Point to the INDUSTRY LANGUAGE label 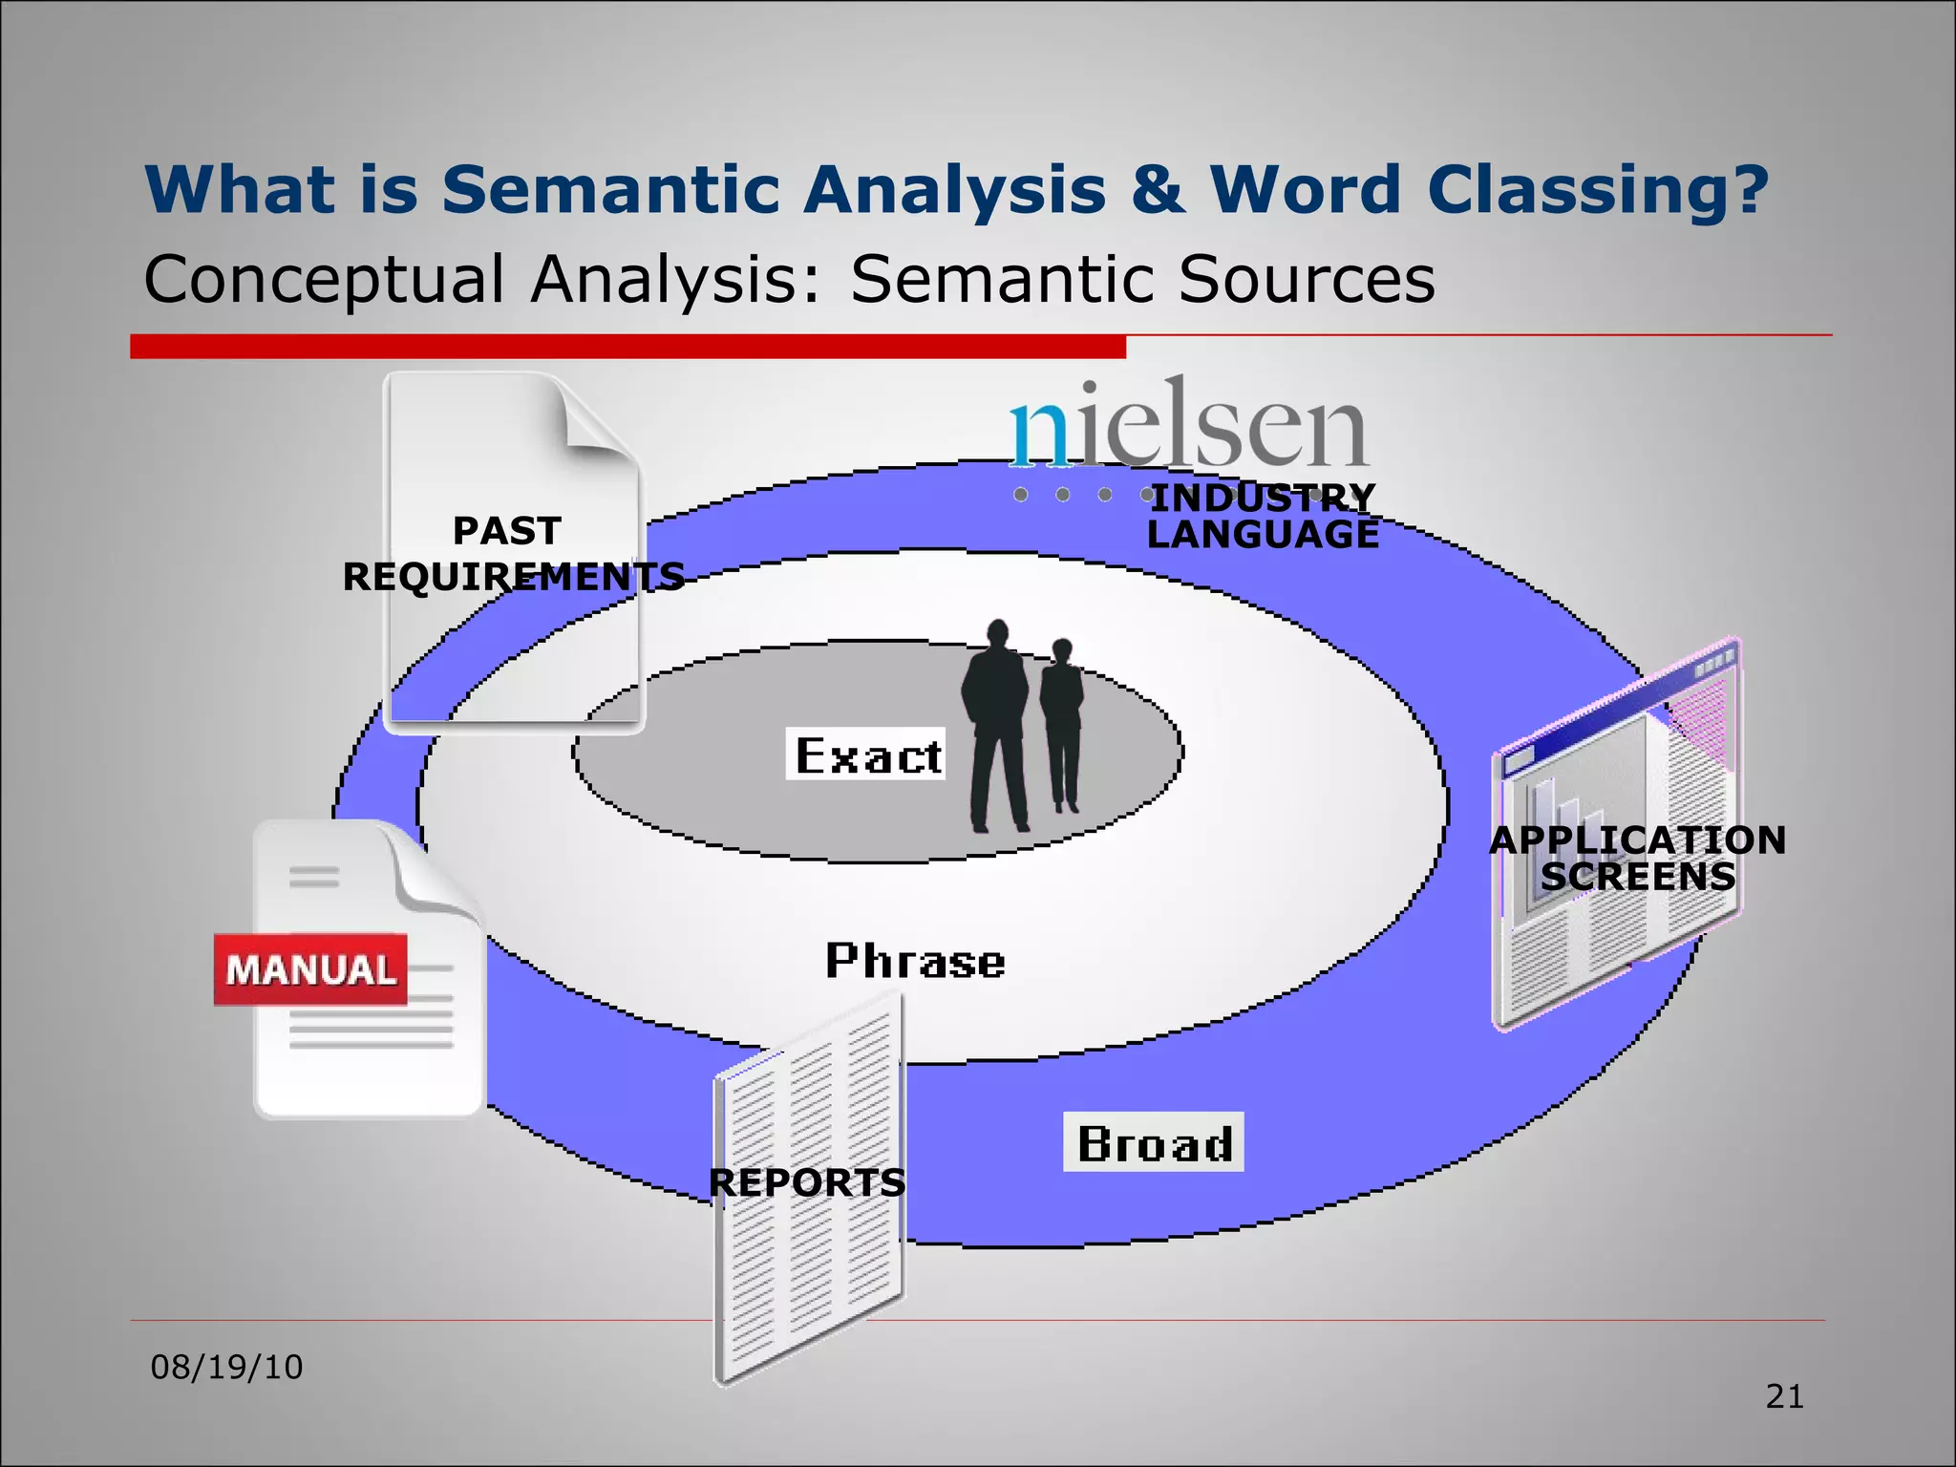[1263, 516]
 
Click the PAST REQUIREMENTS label [512, 554]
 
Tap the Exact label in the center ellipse [866, 755]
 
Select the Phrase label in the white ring [915, 961]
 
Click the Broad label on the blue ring [1154, 1142]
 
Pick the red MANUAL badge [310, 969]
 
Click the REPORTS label [807, 1182]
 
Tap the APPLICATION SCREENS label [1637, 858]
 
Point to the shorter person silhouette [1062, 726]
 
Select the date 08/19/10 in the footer [226, 1367]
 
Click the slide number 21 [1784, 1396]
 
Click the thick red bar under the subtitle [627, 346]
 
